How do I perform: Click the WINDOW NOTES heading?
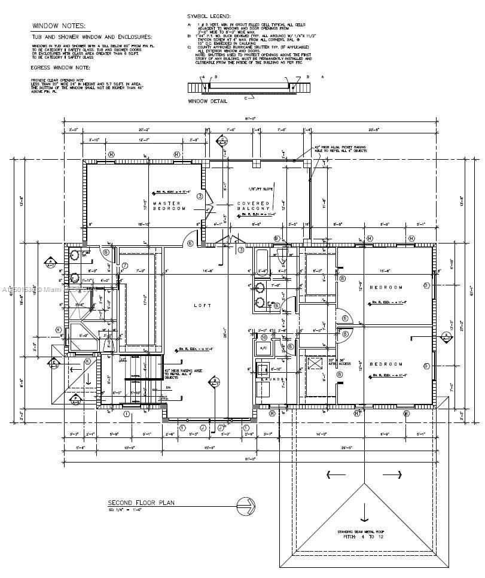click(x=59, y=26)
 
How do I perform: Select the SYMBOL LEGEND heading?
click(x=209, y=16)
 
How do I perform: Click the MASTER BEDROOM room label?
click(x=169, y=205)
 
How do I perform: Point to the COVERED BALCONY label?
click(x=254, y=205)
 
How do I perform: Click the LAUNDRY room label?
click(x=273, y=379)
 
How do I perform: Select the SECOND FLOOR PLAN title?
click(x=141, y=503)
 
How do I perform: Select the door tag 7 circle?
click(x=125, y=266)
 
